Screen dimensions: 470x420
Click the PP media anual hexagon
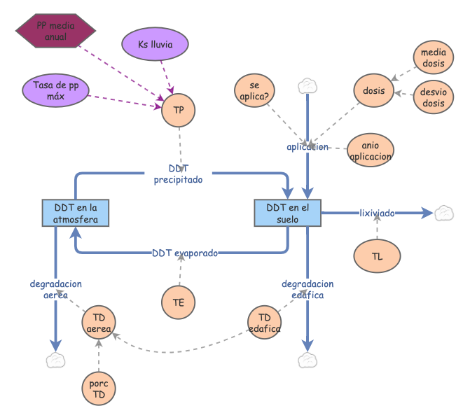coord(56,31)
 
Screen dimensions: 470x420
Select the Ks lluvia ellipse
coord(155,44)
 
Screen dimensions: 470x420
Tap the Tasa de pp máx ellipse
coord(56,90)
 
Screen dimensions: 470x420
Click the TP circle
coord(179,110)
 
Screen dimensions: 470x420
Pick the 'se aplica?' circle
coord(254,90)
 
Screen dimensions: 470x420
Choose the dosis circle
coord(374,90)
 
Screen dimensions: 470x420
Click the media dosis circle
coord(434,57)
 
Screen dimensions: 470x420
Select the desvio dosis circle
coord(434,97)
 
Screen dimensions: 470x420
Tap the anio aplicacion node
coord(371,150)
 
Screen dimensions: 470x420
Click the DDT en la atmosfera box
coord(76,213)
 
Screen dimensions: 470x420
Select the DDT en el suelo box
coord(288,213)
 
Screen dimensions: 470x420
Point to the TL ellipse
coord(377,256)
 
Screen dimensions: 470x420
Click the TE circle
coord(179,302)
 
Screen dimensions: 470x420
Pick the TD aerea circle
coord(99,322)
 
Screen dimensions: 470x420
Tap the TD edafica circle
coord(264,322)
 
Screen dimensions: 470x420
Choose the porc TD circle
coord(99,388)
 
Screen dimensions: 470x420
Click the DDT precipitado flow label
coord(179,174)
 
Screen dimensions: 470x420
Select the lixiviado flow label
coord(377,213)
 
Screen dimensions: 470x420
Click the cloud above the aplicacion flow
coord(307,86)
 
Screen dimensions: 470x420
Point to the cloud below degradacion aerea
coord(56,360)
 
